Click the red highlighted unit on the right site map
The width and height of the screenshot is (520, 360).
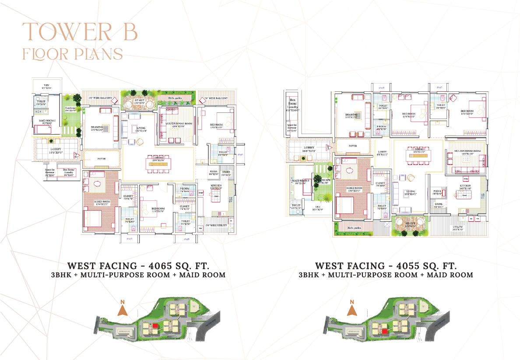tap(384, 331)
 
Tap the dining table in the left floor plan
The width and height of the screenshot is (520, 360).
tap(158, 164)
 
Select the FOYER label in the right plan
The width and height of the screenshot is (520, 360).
tap(353, 146)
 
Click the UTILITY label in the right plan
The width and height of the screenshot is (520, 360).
tap(458, 227)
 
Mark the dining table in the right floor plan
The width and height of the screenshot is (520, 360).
tap(419, 154)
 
